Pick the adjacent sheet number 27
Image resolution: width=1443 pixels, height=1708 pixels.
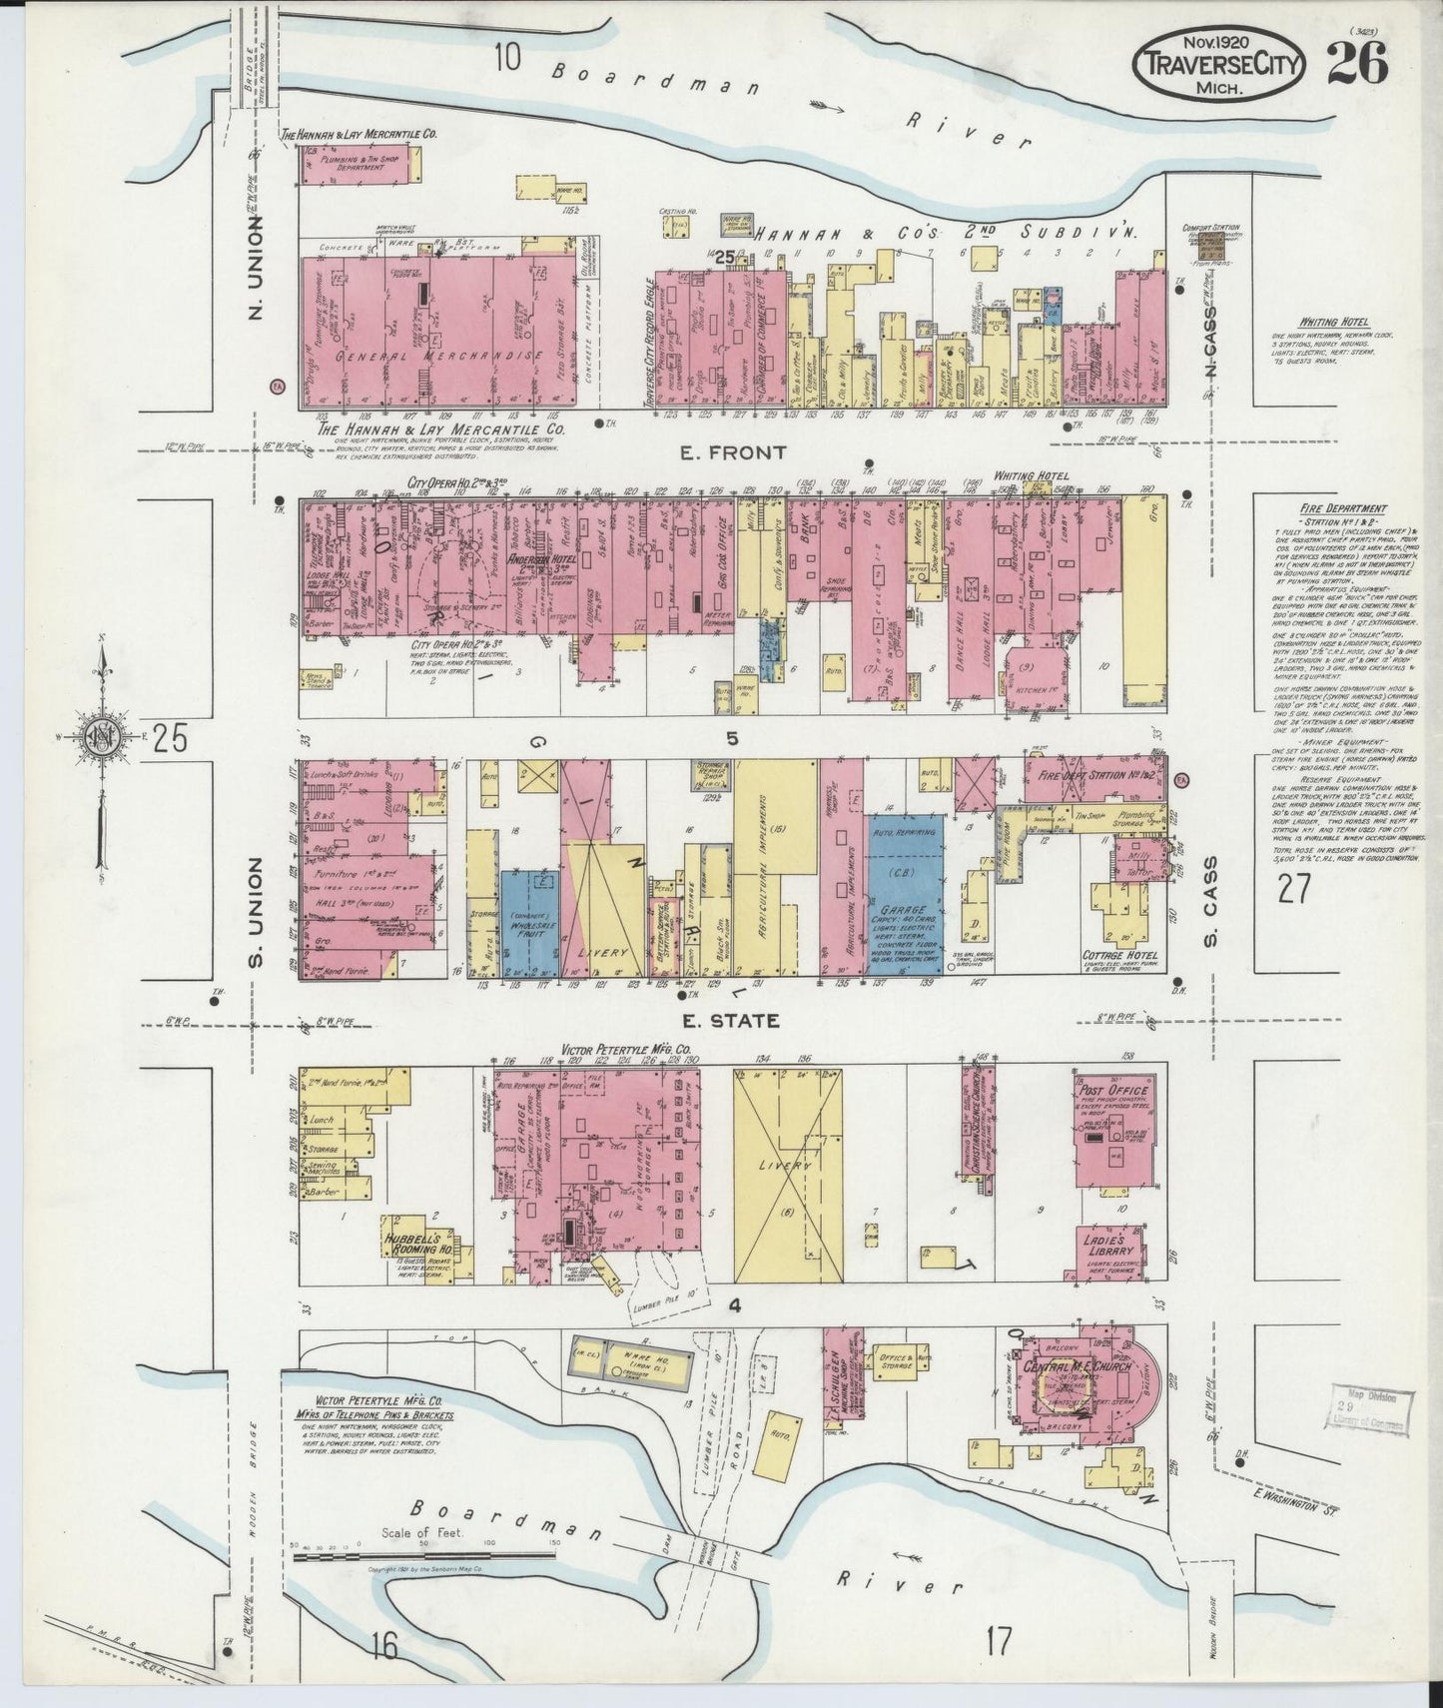point(1293,886)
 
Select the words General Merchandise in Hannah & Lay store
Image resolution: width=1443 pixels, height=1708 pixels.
point(439,357)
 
